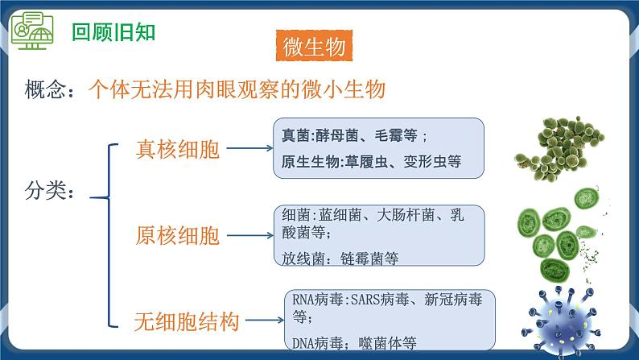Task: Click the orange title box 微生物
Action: tap(315, 46)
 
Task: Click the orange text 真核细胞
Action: tap(178, 149)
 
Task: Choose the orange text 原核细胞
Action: tap(177, 235)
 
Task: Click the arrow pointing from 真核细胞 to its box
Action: tap(249, 149)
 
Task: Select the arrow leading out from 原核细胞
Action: tap(249, 235)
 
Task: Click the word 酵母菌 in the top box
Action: tap(338, 135)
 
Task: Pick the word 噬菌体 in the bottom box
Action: tap(374, 344)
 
